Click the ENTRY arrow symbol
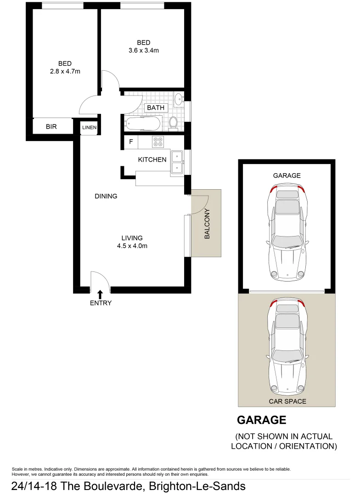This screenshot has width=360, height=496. pyautogui.click(x=100, y=293)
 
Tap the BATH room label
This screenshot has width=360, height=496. pyautogui.click(x=156, y=108)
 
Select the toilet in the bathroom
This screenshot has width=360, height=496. pyautogui.click(x=173, y=123)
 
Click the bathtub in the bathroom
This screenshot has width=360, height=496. pyautogui.click(x=143, y=124)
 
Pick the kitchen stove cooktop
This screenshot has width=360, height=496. pyautogui.click(x=158, y=142)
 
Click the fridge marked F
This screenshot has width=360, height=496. pyautogui.click(x=131, y=142)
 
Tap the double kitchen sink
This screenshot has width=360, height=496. pyautogui.click(x=177, y=163)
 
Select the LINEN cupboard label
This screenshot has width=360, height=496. pyautogui.click(x=90, y=128)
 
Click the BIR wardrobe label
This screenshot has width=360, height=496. pyautogui.click(x=51, y=126)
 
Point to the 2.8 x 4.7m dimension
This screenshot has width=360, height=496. pyautogui.click(x=65, y=71)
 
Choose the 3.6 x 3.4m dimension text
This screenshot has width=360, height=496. pyautogui.click(x=143, y=51)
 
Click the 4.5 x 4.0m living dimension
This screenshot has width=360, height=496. pyautogui.click(x=132, y=246)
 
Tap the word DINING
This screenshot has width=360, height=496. pyautogui.click(x=106, y=196)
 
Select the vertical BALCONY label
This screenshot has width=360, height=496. pyautogui.click(x=207, y=224)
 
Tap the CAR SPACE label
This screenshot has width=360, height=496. pyautogui.click(x=287, y=401)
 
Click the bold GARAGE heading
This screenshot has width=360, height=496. pyautogui.click(x=261, y=420)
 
